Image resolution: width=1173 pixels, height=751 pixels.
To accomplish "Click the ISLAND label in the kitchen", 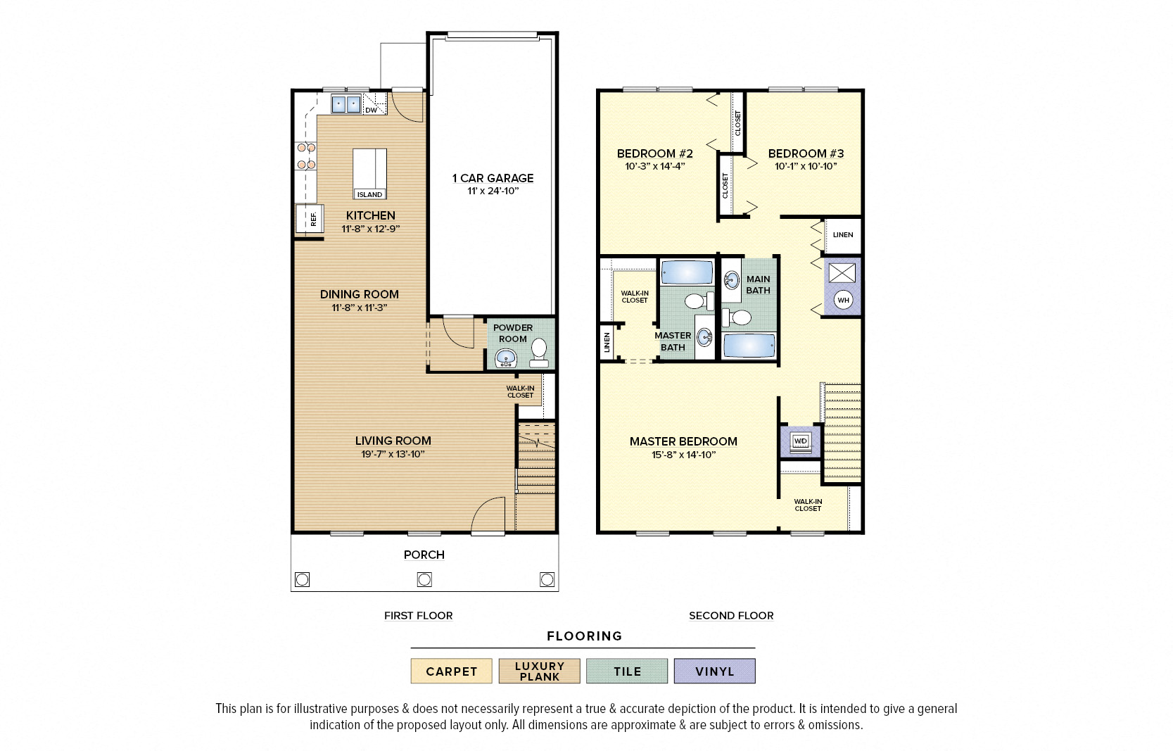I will point(369,194).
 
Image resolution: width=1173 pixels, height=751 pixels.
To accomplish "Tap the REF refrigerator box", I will point(310,220).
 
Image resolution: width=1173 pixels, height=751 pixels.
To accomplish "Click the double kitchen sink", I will point(345,105).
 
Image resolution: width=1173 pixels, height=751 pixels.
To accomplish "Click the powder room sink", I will point(505,359).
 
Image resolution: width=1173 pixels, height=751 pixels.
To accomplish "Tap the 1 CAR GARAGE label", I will point(493,178).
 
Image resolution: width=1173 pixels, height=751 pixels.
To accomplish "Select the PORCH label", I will point(424,555).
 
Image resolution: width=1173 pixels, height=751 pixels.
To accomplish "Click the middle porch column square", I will point(424,579).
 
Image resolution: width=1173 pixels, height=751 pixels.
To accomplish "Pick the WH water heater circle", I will point(843,300).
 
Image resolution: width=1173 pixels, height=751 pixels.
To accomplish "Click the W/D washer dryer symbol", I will point(801,441).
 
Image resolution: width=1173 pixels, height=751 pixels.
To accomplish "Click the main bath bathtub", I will point(749,346).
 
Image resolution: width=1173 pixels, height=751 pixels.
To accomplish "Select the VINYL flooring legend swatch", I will point(714,671).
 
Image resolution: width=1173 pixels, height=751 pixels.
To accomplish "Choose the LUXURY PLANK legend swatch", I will point(539,671).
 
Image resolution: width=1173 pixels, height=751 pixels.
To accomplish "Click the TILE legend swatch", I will point(627,671).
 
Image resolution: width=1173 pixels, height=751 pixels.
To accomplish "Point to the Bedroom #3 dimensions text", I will point(806,167).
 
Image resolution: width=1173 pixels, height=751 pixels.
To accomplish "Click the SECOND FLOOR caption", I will point(731,615).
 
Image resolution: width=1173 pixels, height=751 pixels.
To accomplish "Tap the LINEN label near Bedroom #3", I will point(843,235).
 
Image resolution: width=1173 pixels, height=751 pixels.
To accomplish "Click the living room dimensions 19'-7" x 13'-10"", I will point(393,454).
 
